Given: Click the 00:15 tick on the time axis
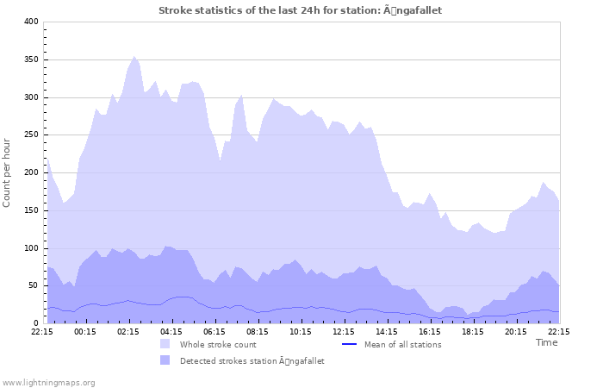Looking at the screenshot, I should click(85, 330).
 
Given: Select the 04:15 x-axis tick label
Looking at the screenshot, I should click(171, 330).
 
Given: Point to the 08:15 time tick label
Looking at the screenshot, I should click(258, 330).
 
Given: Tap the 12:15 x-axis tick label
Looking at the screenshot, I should click(344, 330).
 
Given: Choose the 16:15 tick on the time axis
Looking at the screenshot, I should click(430, 330).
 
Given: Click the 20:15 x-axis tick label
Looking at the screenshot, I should click(516, 330).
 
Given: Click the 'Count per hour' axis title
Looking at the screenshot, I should click(8, 172).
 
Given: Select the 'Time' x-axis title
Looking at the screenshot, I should click(546, 342).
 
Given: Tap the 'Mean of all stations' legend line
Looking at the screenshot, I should click(349, 344).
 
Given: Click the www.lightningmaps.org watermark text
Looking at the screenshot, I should click(48, 382).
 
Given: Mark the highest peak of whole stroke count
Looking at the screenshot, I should click(134, 57).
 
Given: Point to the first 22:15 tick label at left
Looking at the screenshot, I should click(42, 330).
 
